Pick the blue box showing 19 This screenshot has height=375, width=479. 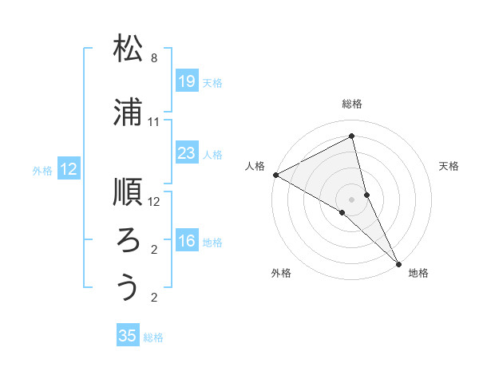[187, 81]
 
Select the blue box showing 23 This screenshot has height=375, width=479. [187, 153]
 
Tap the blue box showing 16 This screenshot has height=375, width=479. [187, 241]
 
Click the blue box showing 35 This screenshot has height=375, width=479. [128, 336]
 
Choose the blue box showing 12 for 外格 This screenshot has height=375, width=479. [69, 169]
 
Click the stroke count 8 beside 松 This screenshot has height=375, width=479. [153, 58]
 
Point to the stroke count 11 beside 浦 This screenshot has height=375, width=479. [154, 122]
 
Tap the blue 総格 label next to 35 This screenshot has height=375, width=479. [153, 337]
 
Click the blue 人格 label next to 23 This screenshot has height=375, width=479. [212, 154]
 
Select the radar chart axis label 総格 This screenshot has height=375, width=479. [352, 104]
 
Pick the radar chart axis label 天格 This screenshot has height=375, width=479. [449, 166]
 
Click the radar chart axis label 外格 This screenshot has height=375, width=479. [281, 274]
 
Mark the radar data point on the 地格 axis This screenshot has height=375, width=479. [398, 262]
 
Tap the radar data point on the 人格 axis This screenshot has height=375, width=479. [275, 175]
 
